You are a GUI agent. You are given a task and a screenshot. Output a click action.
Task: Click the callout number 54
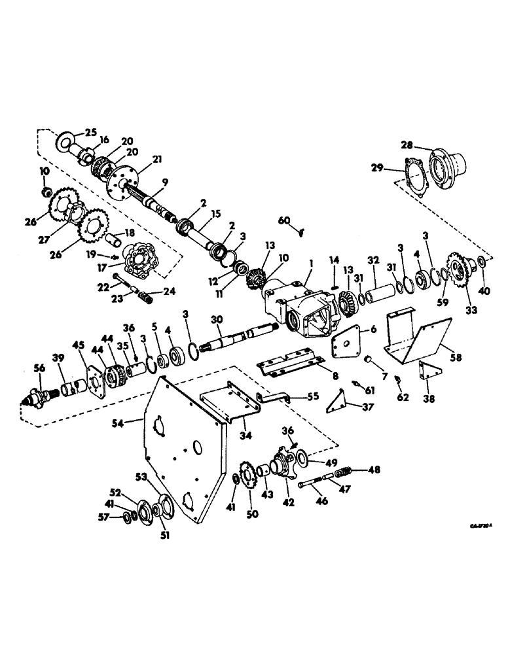tap(136, 424)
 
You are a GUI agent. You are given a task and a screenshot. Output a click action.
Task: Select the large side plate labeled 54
tap(183, 458)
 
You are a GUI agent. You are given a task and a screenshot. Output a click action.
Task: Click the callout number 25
tap(90, 132)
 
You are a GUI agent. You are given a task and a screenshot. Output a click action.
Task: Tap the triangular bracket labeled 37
tap(339, 399)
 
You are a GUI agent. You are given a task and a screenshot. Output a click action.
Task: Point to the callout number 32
tap(374, 259)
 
